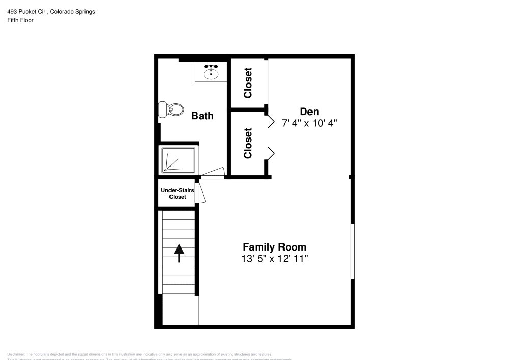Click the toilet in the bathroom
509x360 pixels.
pos(172,109)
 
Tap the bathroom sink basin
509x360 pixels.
pos(211,73)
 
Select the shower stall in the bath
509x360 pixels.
pos(178,160)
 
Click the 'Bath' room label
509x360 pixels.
pos(202,116)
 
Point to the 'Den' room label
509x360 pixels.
pos(309,112)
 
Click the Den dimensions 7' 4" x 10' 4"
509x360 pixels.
pos(309,123)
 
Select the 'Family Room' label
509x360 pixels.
pos(274,247)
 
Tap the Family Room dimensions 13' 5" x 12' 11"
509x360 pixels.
pos(275,259)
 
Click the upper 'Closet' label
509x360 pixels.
pos(248,83)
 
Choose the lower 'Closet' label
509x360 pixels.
pos(248,143)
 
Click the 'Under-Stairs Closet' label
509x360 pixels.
pos(177,193)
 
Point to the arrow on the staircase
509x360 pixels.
pos(179,253)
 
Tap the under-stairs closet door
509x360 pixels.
pos(200,193)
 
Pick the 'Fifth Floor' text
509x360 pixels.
pos(20,20)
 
